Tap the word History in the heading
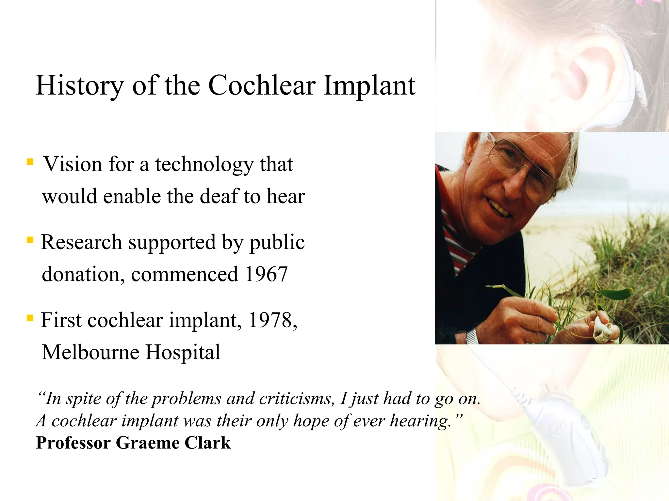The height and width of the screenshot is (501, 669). point(79,85)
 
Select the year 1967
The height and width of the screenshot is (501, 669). point(266,274)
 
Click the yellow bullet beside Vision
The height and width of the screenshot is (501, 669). point(30,162)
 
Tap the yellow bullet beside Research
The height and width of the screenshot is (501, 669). point(30,240)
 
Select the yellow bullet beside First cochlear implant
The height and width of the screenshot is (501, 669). point(30,318)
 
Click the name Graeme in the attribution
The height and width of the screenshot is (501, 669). point(147,443)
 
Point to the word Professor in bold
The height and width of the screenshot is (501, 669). point(73,443)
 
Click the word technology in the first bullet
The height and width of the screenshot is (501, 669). point(204,164)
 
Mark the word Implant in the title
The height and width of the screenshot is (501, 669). point(369,85)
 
